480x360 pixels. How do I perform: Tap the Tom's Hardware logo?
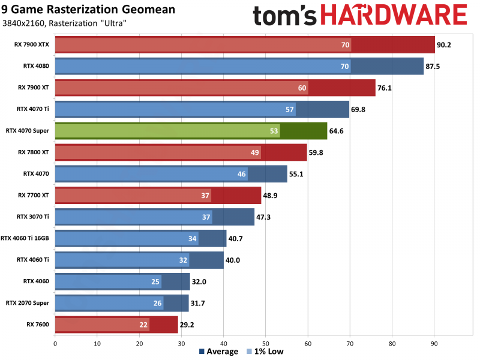coord(359,16)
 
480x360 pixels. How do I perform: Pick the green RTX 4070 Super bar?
coord(191,131)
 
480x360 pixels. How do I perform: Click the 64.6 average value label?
coord(338,131)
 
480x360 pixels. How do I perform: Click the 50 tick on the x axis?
coord(266,344)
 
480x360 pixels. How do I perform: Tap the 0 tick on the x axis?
coord(55,344)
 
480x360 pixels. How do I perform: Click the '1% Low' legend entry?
coord(265,352)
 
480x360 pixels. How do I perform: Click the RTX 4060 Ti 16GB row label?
coord(25,238)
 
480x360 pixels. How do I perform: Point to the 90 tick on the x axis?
coord(434,344)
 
